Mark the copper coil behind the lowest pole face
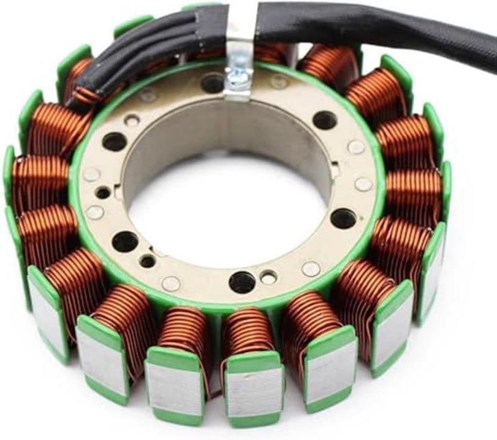point(248,332)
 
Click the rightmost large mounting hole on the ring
point(343,218)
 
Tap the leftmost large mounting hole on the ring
point(114,142)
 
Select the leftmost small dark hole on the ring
point(103,193)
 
